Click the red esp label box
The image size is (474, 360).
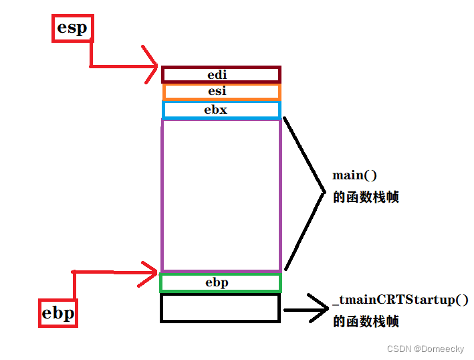click(x=72, y=28)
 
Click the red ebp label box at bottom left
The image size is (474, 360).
click(x=58, y=312)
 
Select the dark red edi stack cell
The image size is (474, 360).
click(x=221, y=74)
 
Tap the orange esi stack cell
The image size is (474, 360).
click(x=221, y=92)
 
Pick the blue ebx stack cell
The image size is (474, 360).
click(x=221, y=110)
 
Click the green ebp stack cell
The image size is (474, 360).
click(x=221, y=282)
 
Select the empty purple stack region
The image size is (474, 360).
click(x=221, y=194)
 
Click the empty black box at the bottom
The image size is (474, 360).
click(x=220, y=308)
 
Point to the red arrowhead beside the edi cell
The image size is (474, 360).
click(x=151, y=66)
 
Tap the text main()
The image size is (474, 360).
click(x=355, y=175)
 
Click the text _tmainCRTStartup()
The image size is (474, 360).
click(x=400, y=300)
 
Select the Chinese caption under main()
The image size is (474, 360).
click(x=366, y=197)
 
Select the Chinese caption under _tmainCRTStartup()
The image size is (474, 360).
click(x=366, y=321)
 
